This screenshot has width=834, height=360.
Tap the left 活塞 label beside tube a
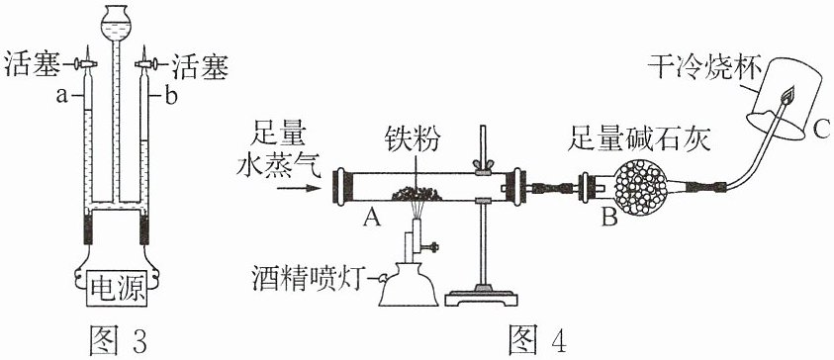pos(33,66)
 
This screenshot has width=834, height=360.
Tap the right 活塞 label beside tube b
pos(199,66)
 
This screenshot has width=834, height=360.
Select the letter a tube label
pos(62,97)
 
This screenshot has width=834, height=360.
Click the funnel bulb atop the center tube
pos(117,24)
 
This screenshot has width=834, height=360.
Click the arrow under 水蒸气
pos(300,188)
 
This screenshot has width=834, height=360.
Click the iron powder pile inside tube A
pos(417,194)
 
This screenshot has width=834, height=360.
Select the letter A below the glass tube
pos(372,217)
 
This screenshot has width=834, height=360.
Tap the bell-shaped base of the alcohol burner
pos(409,286)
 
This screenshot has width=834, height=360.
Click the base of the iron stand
pos(483,296)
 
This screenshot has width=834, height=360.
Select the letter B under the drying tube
pos(610,217)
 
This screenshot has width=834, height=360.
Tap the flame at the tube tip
pos(787,95)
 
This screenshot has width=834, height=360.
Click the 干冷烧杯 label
pos(704,67)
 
